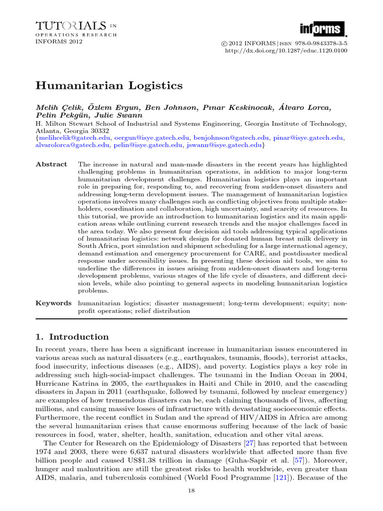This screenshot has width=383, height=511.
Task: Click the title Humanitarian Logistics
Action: pyautogui.click(x=109, y=85)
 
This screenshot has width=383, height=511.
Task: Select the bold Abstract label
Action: pyautogui.click(x=51, y=164)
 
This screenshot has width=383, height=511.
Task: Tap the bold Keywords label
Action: pyautogui.click(x=53, y=303)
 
